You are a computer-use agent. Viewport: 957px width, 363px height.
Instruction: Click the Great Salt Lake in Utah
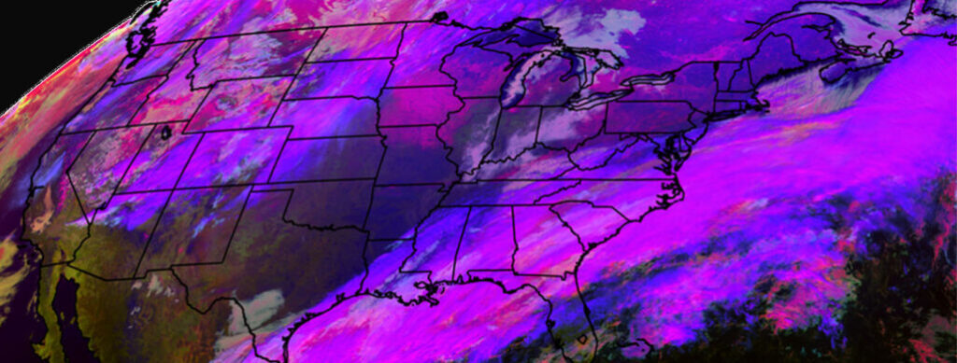coord(166,133)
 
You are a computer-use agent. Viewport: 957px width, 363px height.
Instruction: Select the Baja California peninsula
coord(56,299)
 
